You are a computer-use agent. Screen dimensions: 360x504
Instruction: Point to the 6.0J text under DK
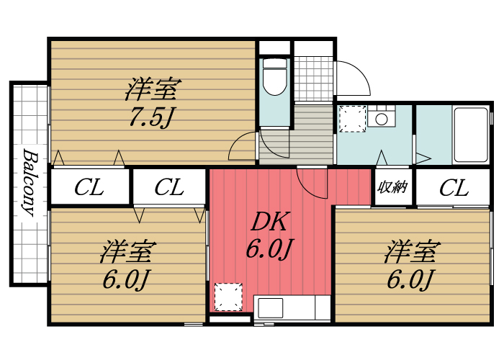pyautogui.click(x=269, y=249)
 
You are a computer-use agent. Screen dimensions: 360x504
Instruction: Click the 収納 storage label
pyautogui.click(x=393, y=187)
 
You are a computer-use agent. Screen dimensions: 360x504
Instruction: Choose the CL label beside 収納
pyautogui.click(x=454, y=188)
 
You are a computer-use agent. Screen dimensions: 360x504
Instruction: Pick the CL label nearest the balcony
pyautogui.click(x=89, y=188)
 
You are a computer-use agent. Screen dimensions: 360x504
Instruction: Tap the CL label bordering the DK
pyautogui.click(x=169, y=188)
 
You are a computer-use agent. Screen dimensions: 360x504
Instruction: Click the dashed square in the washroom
pyautogui.click(x=353, y=119)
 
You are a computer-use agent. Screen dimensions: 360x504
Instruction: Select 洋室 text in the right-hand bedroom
pyautogui.click(x=411, y=252)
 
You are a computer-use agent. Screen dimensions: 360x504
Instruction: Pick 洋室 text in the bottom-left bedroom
pyautogui.click(x=128, y=252)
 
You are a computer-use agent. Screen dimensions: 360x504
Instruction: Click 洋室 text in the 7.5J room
pyautogui.click(x=153, y=91)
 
